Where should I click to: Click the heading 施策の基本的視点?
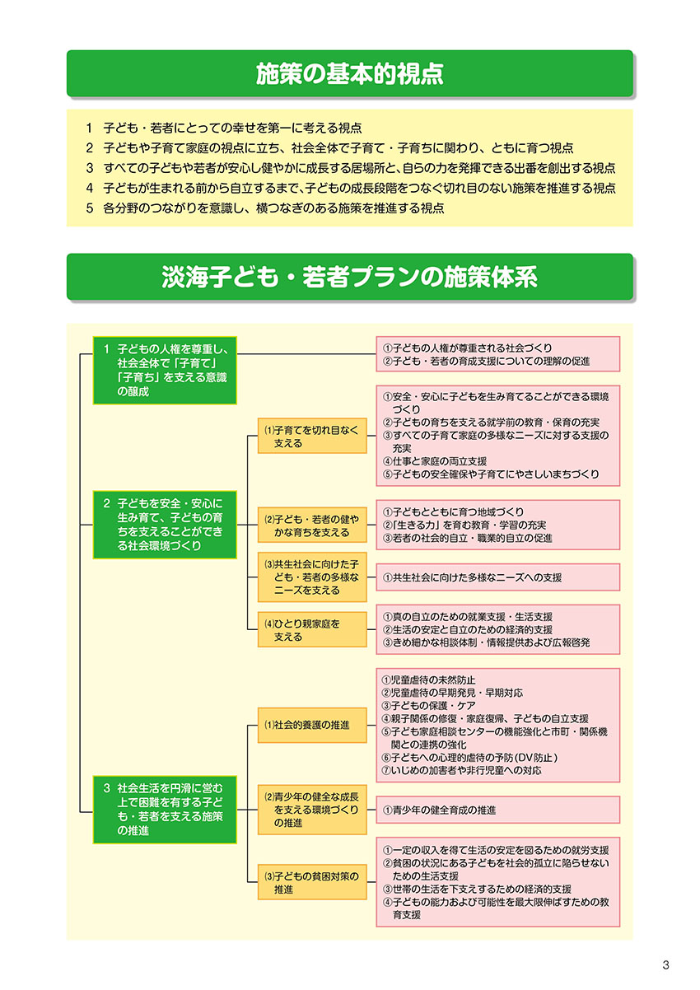coord(349,74)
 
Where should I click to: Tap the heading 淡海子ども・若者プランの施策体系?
coord(349,277)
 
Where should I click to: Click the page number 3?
coord(665,964)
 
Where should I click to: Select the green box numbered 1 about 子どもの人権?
coord(165,371)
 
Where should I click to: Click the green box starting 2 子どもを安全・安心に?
coord(165,525)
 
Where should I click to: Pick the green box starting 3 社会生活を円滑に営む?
coord(165,810)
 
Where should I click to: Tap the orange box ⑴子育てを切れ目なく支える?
coord(312,436)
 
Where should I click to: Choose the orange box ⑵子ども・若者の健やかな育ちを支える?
coord(312,525)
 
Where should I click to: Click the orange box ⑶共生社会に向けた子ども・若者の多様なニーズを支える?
coord(312,577)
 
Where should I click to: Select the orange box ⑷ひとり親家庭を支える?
coord(312,630)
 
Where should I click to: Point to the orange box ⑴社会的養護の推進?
coord(312,726)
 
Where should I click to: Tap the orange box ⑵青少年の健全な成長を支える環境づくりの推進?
coord(312,810)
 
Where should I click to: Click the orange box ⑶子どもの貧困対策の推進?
coord(312,882)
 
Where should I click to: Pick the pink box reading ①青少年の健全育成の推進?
coord(498,810)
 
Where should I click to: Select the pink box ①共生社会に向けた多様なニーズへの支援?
coord(498,577)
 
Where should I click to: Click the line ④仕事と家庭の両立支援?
coord(434,461)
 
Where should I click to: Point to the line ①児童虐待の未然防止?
coord(429,679)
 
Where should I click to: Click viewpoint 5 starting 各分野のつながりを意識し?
coord(265,208)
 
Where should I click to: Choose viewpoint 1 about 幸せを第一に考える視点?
coord(224,128)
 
